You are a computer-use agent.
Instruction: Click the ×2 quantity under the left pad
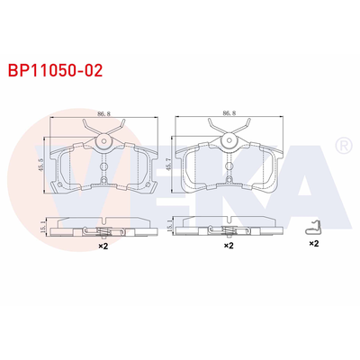click(103, 244)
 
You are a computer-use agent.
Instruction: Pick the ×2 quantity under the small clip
click(314, 244)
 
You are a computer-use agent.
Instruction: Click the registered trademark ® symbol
click(342, 145)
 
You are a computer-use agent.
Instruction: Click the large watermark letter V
click(67, 175)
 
